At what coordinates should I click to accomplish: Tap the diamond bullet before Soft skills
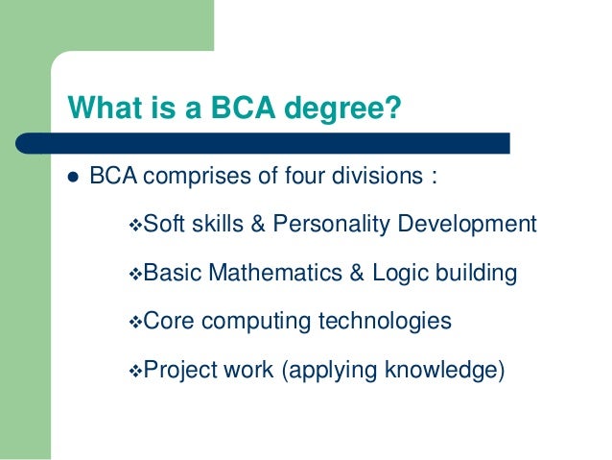point(134,227)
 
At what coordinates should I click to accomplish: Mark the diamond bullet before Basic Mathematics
point(134,275)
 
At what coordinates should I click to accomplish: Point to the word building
point(480,275)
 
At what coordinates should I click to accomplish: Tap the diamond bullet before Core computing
point(134,322)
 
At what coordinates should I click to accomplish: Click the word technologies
point(388,321)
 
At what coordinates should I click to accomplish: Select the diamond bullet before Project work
point(134,370)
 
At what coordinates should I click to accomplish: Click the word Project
point(179,369)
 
